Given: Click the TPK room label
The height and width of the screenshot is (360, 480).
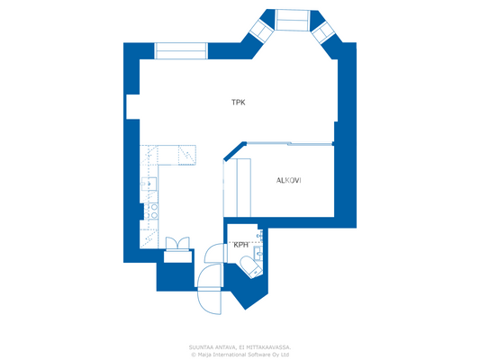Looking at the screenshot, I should pyautogui.click(x=238, y=103).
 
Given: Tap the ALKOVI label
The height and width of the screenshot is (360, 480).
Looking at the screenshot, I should pyautogui.click(x=288, y=181).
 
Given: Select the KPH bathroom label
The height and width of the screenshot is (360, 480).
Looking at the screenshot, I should pyautogui.click(x=240, y=245).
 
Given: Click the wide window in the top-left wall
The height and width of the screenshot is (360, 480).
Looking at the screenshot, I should pyautogui.click(x=181, y=50).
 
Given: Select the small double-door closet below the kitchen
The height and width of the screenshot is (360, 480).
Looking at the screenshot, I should pyautogui.click(x=177, y=244).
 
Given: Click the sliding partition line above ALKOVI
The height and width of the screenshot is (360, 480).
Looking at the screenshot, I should pyautogui.click(x=288, y=143).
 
